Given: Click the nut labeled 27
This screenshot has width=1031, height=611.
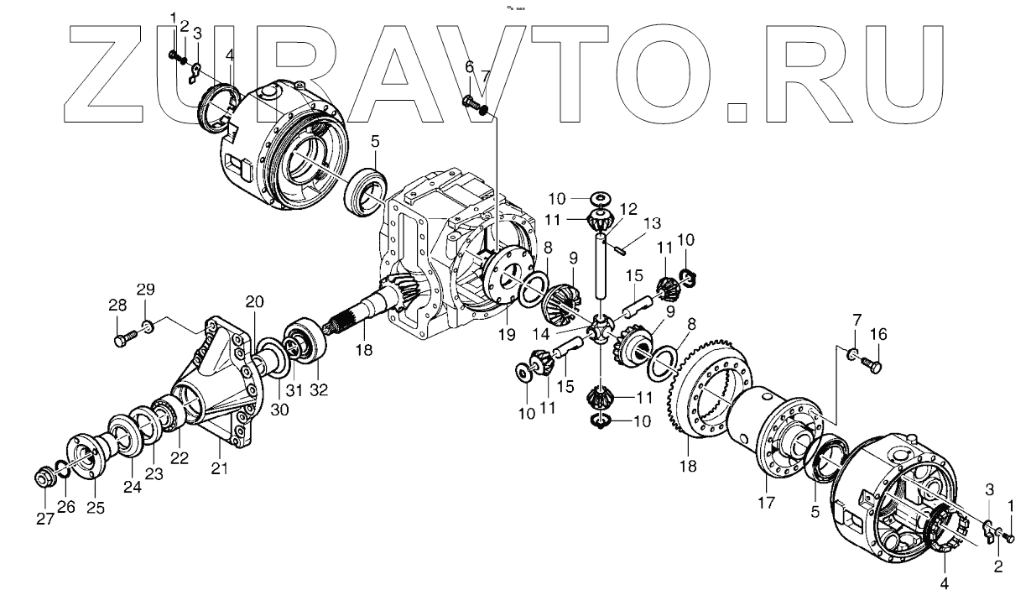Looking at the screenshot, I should (x=43, y=478).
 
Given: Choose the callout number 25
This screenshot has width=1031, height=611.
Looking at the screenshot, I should (x=96, y=508).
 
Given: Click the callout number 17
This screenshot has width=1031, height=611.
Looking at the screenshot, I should (x=768, y=502).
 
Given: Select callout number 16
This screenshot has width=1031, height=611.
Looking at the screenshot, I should (x=876, y=334).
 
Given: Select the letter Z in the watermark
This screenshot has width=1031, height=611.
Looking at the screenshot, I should (x=110, y=71).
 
